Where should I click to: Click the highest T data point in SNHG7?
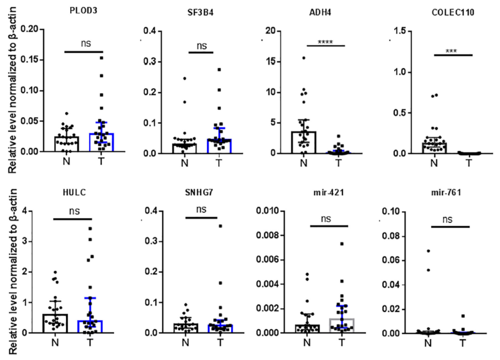coord(220,226)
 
